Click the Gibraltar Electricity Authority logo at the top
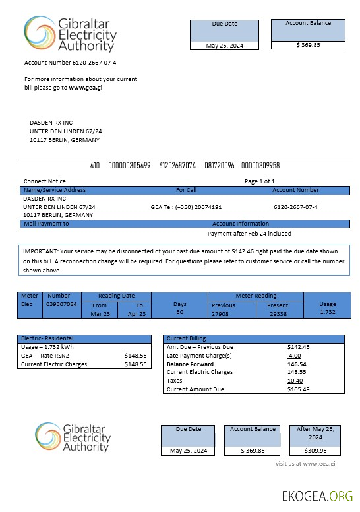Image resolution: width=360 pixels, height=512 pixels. tap(70, 34)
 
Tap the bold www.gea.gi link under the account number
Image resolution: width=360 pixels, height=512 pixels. tap(86, 88)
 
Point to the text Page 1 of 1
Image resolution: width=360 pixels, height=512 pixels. tap(260, 181)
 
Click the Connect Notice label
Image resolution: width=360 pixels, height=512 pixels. tap(45, 181)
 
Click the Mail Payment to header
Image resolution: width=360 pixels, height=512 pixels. tap(46, 224)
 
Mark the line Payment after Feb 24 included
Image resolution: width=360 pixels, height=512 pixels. tap(249, 234)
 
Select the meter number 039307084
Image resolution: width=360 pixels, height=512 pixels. tap(61, 305)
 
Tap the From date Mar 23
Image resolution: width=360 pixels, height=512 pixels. tap(100, 314)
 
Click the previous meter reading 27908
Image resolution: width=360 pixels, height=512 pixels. tap(224, 314)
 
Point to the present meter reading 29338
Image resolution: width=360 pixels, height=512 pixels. tap(278, 314)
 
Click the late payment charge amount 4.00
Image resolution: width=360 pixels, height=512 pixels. tap(294, 356)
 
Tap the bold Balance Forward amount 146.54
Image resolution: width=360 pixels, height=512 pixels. tap(297, 364)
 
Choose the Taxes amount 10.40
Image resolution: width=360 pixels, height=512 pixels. tap(295, 381)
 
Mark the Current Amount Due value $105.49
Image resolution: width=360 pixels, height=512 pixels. tap(299, 389)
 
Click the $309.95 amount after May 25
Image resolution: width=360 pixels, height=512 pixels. tap(316, 451)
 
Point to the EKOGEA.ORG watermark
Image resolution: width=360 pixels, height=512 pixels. tap(316, 496)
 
